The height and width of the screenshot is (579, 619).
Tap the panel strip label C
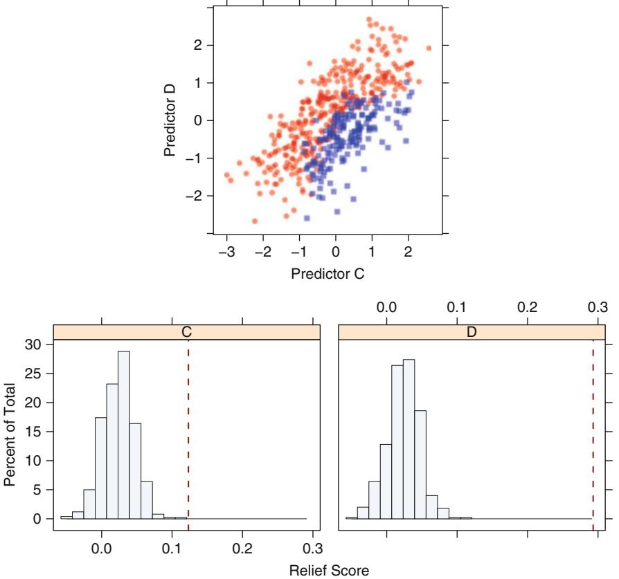[x=186, y=332]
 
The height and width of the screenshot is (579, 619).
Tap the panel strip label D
[x=472, y=332]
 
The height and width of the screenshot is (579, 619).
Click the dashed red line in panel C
[x=188, y=429]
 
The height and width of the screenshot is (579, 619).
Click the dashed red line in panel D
[x=593, y=429]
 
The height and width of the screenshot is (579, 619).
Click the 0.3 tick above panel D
[x=598, y=306]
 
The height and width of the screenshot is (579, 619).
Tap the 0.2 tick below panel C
[x=242, y=546]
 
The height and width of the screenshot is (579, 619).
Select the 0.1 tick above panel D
[x=457, y=306]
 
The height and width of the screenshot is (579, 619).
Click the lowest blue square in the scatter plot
[x=307, y=218]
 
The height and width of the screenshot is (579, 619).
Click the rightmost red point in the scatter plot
[x=429, y=48]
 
